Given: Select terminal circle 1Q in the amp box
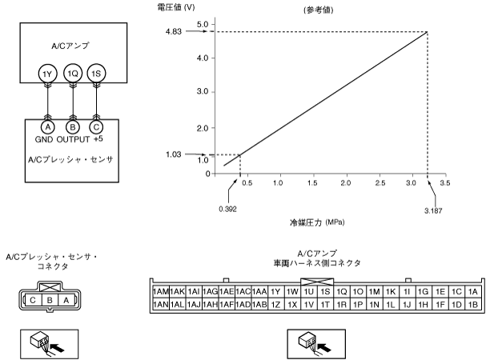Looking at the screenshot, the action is pos(73,74).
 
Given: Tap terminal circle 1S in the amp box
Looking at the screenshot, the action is pos(96,74).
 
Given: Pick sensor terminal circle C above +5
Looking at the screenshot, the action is pos(96,126).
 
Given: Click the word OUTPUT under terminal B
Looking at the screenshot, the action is pos(74,138).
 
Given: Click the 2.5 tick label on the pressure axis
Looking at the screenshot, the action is pos(380,183).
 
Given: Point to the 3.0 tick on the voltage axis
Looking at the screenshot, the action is pos(203,92).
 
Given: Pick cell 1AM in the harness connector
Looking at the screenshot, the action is pos(160,292).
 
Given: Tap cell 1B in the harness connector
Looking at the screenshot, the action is pos(472,305).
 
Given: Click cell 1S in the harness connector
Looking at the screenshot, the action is pos(325,292).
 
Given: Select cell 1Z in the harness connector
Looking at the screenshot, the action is pos(275,305).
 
